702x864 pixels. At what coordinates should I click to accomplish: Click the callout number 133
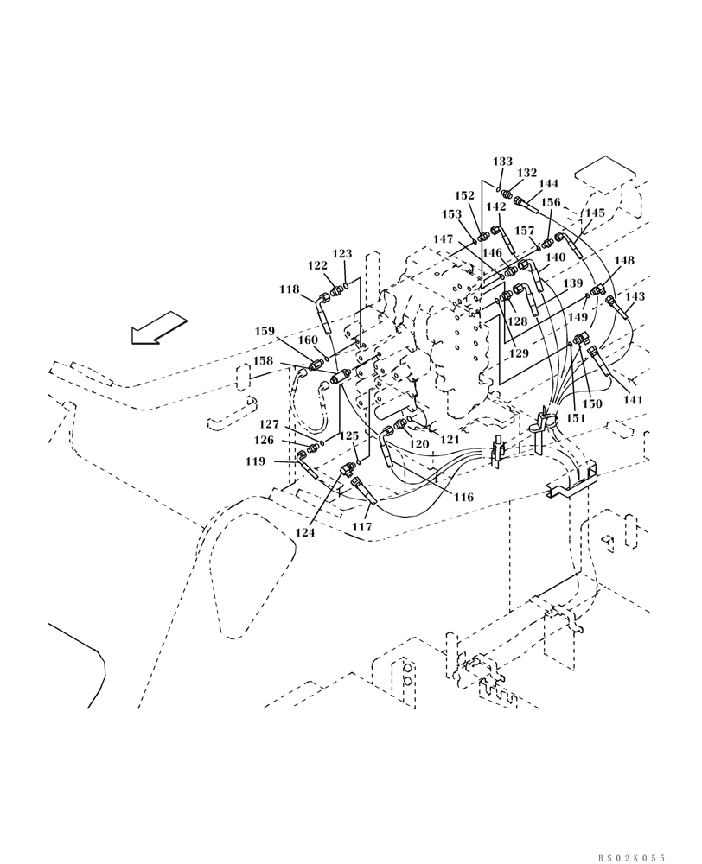[502, 162]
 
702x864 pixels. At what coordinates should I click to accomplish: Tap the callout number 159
[265, 330]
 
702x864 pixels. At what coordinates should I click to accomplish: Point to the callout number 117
[361, 526]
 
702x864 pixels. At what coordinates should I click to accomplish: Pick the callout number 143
[635, 296]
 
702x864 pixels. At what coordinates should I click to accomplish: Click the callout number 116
[463, 498]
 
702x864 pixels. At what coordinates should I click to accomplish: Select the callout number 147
[444, 238]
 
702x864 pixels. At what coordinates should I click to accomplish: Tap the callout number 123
[342, 254]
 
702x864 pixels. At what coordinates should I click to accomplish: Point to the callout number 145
[594, 213]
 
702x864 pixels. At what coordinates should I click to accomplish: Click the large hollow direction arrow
[159, 328]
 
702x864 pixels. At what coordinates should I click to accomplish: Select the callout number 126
[265, 440]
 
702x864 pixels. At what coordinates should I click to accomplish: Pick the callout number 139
[571, 283]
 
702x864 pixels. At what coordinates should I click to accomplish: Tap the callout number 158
[263, 360]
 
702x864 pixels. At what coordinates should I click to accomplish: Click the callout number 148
[623, 259]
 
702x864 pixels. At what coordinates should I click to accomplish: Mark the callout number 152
[464, 195]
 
